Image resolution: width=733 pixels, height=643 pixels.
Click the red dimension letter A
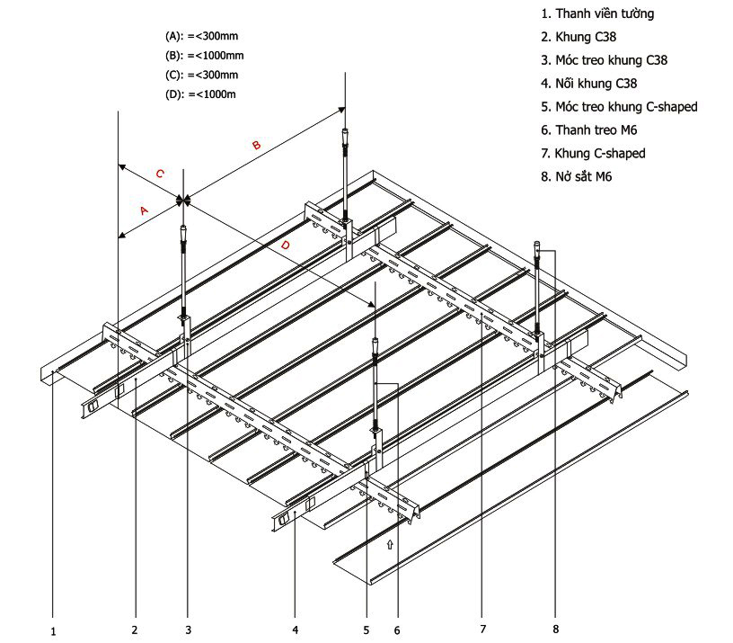[144, 210]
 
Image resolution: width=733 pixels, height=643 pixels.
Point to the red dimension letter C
[160, 174]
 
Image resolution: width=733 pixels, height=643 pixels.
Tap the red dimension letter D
[285, 245]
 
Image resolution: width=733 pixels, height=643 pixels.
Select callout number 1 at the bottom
[54, 631]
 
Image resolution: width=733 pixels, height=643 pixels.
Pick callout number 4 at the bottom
[296, 629]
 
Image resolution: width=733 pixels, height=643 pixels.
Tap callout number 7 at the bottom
[482, 628]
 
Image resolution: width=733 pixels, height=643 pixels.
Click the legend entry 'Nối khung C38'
[589, 84]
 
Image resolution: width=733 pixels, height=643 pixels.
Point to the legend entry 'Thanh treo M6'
[589, 130]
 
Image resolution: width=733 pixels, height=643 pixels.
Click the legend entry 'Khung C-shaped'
[593, 154]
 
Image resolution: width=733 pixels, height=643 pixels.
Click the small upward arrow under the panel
[389, 544]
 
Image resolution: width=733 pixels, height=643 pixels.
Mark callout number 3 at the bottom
[188, 629]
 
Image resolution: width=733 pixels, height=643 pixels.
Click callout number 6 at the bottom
[396, 630]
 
